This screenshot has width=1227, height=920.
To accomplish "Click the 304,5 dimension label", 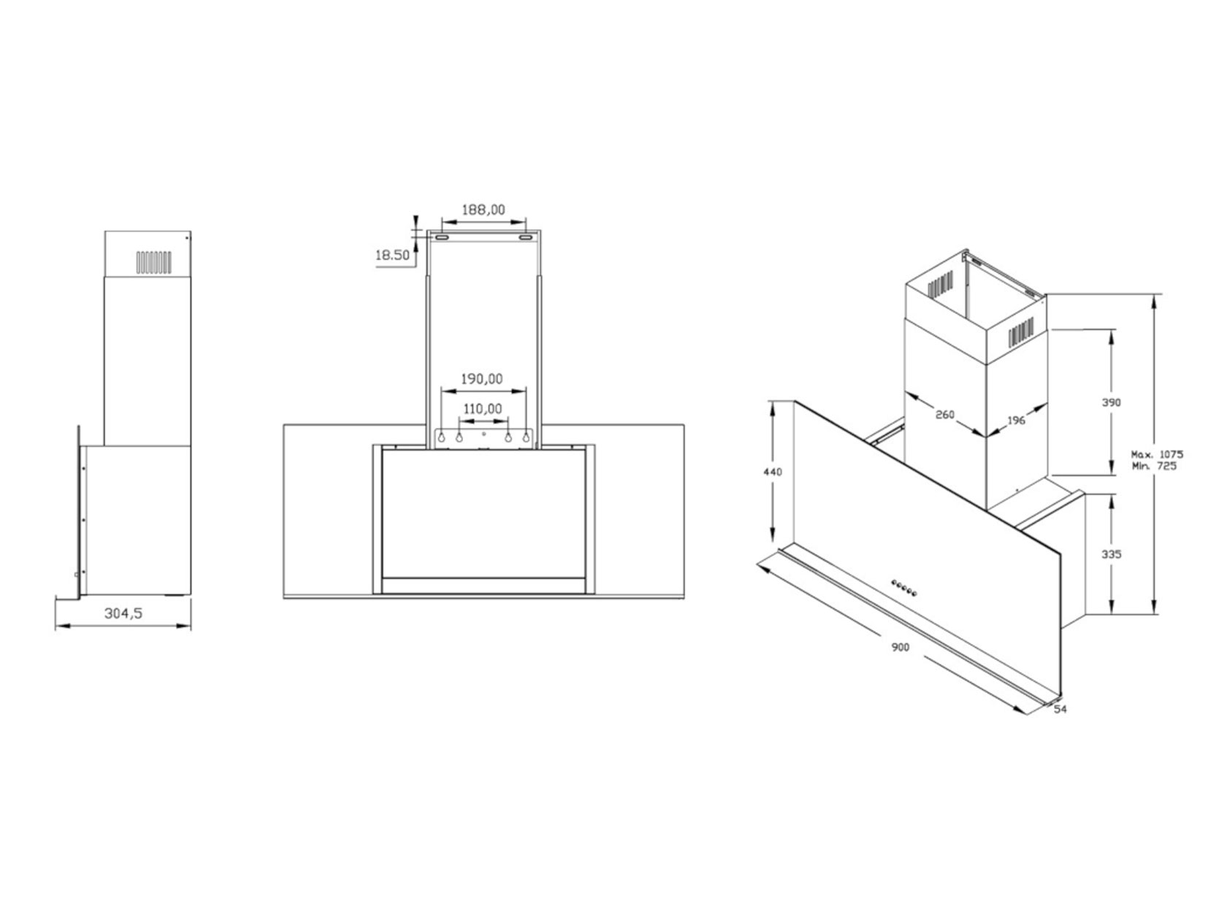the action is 123,613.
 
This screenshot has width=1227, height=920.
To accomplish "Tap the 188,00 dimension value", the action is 483,210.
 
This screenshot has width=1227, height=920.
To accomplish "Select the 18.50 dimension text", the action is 392,256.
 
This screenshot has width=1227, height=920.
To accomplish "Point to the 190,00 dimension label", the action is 482,379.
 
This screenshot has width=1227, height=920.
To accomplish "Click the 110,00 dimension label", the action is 483,409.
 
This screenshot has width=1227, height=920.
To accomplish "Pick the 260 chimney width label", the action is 944,415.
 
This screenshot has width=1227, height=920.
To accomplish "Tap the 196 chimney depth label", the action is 1016,420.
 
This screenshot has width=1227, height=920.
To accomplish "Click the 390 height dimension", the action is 1112,402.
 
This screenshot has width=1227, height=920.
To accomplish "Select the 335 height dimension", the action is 1112,555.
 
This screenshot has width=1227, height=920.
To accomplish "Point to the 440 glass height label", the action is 773,472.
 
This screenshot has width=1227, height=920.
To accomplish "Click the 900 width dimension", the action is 900,648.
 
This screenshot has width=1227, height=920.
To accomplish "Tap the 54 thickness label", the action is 1060,709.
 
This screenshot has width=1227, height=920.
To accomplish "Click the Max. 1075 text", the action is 1157,454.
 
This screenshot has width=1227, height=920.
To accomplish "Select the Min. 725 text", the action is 1155,465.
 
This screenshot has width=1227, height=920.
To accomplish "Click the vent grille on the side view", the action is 153,263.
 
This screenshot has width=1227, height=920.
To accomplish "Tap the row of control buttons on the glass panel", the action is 904,588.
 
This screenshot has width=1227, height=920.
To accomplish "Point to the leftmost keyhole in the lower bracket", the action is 442,437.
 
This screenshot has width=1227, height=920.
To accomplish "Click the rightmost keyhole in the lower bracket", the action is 525,437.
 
